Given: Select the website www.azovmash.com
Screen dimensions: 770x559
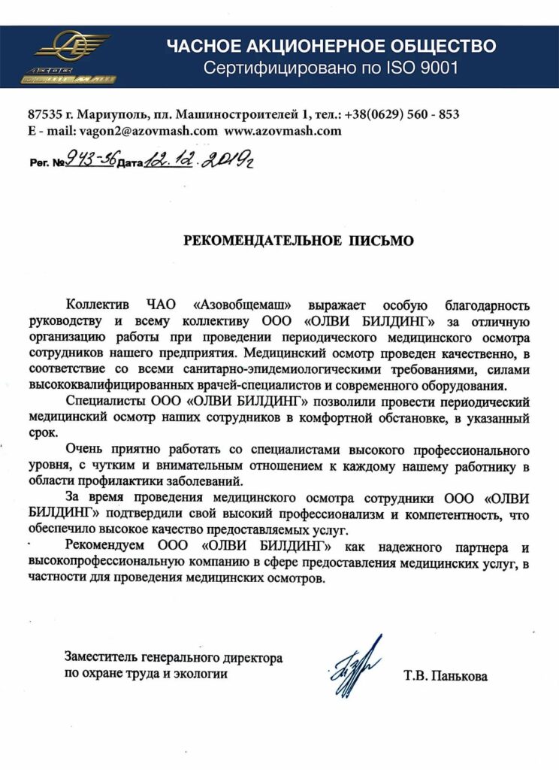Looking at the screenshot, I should pyautogui.click(x=283, y=130).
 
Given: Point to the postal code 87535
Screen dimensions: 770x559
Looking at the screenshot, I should pyautogui.click(x=44, y=114).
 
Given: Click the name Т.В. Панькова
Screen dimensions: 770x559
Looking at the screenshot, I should pyautogui.click(x=446, y=676).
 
